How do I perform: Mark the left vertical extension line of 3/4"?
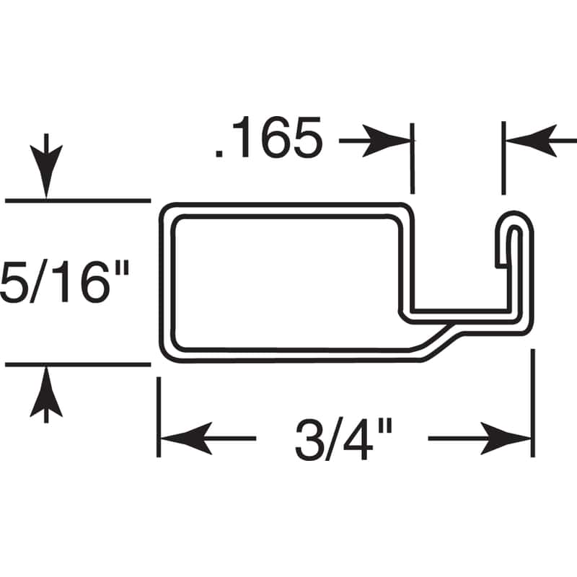point(159,418)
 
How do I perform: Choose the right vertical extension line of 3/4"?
point(533,404)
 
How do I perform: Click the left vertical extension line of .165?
point(413,159)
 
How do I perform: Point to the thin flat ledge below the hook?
point(462,314)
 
